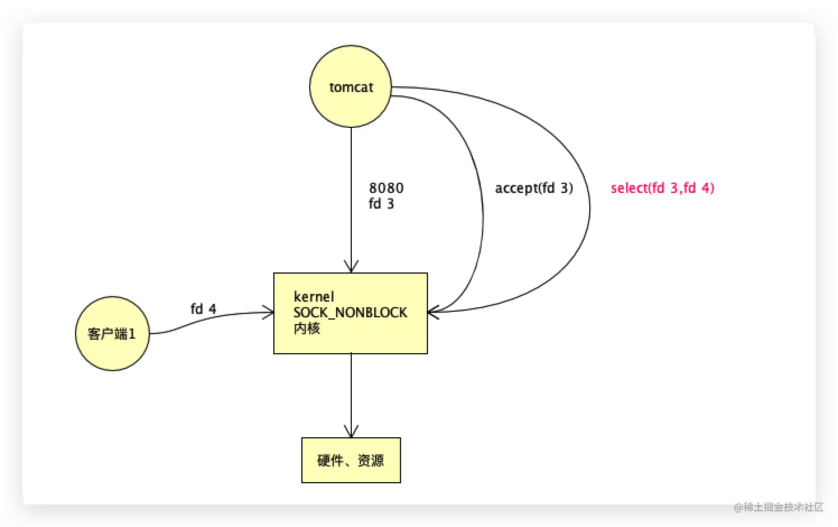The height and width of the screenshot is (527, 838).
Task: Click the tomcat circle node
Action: click(351, 87)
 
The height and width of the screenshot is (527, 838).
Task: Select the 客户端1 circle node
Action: click(112, 334)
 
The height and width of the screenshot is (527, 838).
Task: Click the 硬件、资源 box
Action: click(351, 460)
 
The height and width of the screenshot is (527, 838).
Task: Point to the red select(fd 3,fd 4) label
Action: click(662, 188)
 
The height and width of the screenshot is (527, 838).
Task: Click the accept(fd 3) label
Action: click(534, 188)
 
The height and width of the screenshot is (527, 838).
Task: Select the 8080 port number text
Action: click(386, 188)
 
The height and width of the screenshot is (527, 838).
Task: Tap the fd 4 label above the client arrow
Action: click(203, 309)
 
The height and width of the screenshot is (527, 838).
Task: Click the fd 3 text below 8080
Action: click(381, 204)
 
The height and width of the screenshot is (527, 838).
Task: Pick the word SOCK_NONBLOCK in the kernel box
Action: click(350, 312)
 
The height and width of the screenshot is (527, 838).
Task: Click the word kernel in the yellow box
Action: click(314, 297)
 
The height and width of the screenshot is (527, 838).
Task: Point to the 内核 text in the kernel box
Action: click(306, 329)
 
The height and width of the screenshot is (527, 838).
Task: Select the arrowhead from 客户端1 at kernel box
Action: click(268, 313)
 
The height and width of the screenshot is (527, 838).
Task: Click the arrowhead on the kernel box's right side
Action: click(433, 312)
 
